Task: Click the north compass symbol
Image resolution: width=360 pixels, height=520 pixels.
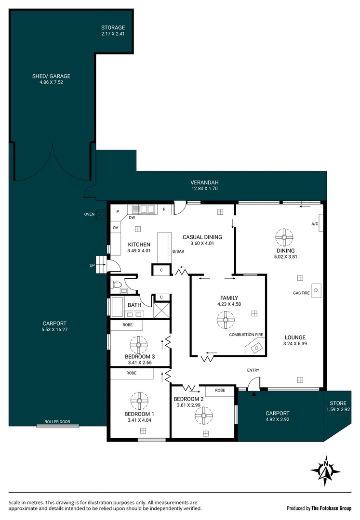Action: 326,470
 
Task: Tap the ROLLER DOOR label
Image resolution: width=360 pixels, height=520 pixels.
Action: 57,422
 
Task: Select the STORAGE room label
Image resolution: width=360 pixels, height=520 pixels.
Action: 113,27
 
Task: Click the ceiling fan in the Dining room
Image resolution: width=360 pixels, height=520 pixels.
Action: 284,236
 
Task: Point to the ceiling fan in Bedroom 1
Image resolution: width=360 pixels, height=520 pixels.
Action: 139,401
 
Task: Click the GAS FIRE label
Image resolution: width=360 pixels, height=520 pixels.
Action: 301,293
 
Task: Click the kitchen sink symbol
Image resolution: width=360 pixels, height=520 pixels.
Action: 143,209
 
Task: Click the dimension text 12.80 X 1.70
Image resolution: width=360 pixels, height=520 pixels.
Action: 204,189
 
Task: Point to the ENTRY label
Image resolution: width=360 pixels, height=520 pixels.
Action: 253,370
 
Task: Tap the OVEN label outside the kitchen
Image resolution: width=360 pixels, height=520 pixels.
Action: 89,215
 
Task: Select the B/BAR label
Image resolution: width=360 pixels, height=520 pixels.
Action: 178,251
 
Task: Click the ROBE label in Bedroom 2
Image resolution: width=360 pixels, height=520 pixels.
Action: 220,390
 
